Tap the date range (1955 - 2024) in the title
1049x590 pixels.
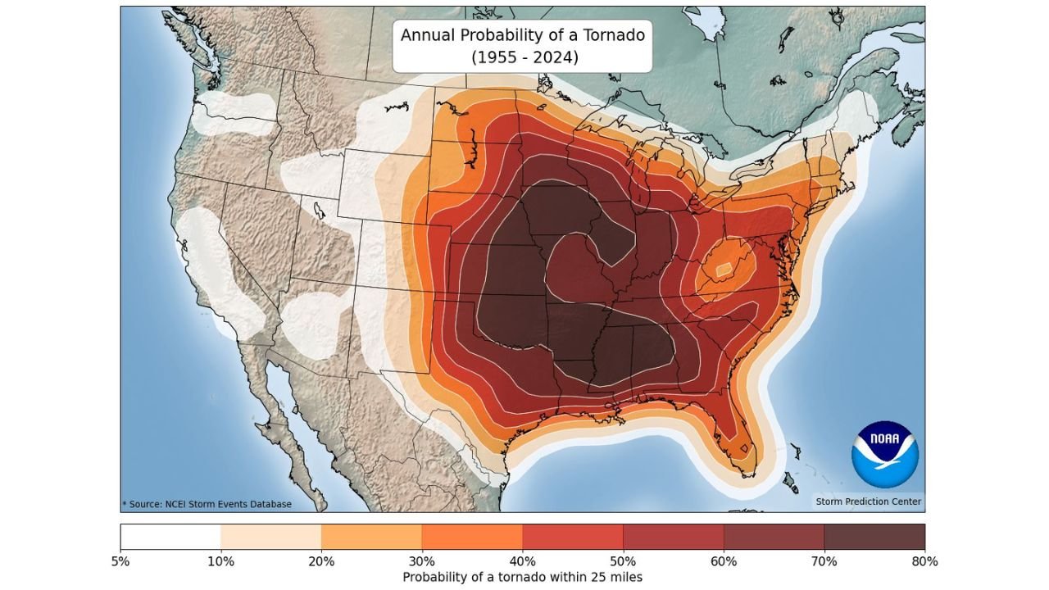(522, 57)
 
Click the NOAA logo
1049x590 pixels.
(884, 455)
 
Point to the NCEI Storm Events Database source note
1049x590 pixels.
(207, 504)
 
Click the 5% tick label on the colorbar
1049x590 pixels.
(120, 562)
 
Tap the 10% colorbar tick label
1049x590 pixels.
(221, 562)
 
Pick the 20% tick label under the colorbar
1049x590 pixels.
(321, 562)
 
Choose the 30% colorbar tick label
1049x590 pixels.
(422, 562)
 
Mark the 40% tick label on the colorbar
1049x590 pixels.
(523, 562)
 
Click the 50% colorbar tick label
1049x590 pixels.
(623, 562)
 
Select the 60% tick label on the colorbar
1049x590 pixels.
(724, 562)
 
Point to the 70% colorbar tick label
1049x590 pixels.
(824, 562)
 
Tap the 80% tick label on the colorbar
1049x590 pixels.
(924, 562)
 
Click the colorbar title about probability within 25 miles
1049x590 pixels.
(522, 578)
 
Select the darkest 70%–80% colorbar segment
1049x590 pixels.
(874, 537)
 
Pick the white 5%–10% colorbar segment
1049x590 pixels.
(170, 537)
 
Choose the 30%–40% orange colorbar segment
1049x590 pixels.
(472, 537)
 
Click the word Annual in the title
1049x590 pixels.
(429, 35)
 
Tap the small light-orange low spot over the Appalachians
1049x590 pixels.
(724, 270)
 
